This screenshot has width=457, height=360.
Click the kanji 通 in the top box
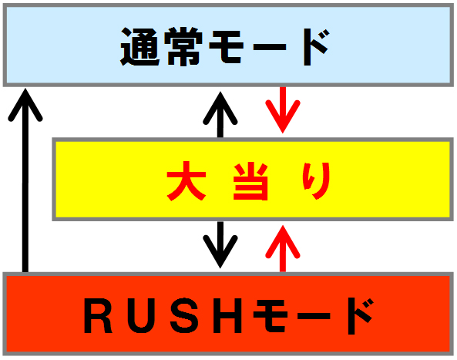[140, 47]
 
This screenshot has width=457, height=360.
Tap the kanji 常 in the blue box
[183, 47]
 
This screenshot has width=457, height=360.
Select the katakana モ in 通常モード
[226, 47]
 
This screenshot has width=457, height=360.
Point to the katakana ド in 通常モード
[317, 47]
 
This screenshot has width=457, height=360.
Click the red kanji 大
[186, 181]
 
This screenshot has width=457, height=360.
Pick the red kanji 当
[250, 181]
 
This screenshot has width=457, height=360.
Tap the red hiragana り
[317, 181]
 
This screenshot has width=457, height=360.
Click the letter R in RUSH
[98, 316]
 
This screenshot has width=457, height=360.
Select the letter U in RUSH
[142, 316]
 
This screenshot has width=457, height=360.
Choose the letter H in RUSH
[227, 316]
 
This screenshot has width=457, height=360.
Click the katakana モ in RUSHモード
[271, 316]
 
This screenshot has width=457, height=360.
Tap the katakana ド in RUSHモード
[361, 316]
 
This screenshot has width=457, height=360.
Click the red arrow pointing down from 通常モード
[282, 110]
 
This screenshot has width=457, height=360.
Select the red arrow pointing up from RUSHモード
[282, 248]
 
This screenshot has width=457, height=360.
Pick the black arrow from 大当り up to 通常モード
[220, 114]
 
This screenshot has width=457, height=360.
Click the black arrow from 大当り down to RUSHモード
[220, 244]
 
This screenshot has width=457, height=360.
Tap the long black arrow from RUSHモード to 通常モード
[25, 180]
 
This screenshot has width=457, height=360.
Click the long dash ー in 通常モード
[270, 47]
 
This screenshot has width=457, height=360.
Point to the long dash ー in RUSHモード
[314, 316]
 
